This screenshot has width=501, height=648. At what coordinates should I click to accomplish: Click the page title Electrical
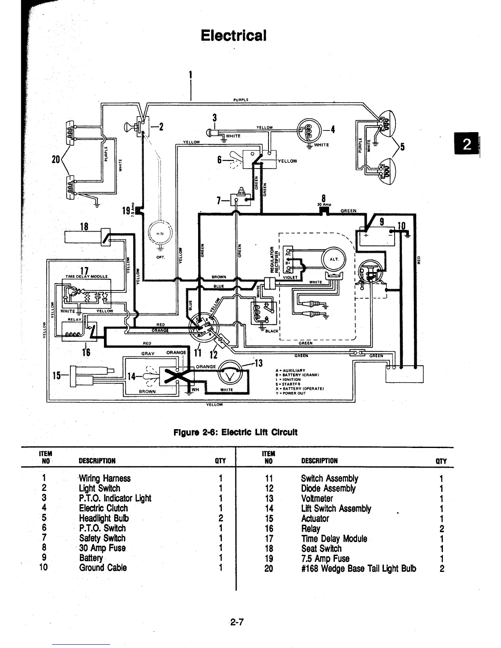coord(234,35)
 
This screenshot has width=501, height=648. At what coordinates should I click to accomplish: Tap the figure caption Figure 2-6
coord(235,432)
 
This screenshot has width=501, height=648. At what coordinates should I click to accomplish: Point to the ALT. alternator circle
coord(334,259)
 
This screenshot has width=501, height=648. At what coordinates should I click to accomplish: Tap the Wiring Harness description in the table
coord(105,478)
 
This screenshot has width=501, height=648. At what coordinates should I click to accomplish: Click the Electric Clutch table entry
coord(103,508)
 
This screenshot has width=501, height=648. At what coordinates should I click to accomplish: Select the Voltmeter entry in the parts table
coord(317,498)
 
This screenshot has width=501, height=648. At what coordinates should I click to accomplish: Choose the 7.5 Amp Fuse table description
coord(325,558)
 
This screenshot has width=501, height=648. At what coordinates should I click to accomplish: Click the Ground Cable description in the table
coord(103,568)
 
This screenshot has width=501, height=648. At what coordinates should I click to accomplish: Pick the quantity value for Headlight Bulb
coord(220,518)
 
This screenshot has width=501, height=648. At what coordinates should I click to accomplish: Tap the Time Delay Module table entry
coord(334,538)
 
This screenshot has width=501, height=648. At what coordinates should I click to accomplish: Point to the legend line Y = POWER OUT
coord(291,393)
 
